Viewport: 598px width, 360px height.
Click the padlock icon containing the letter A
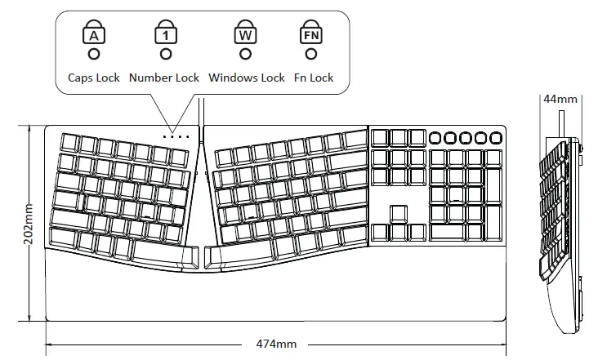pyautogui.click(x=95, y=33)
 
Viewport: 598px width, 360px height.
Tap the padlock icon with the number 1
pyautogui.click(x=166, y=33)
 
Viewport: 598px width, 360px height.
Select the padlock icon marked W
pyautogui.click(x=244, y=33)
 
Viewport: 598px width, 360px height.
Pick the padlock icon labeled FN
pyautogui.click(x=310, y=33)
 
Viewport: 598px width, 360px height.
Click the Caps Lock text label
pyautogui.click(x=94, y=78)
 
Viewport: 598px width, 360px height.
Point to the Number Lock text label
pyautogui.click(x=164, y=78)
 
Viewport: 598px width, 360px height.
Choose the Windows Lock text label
pyautogui.click(x=247, y=78)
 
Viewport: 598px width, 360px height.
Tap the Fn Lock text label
pyautogui.click(x=314, y=78)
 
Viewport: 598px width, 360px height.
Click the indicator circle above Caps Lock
pyautogui.click(x=95, y=54)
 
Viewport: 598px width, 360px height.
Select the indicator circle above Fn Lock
pyautogui.click(x=310, y=54)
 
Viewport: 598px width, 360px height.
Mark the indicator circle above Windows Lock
pyautogui.click(x=244, y=54)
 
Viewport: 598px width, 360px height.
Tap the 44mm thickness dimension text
pyautogui.click(x=560, y=100)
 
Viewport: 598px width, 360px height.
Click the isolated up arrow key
pyautogui.click(x=398, y=214)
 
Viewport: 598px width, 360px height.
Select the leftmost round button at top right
pyautogui.click(x=437, y=137)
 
